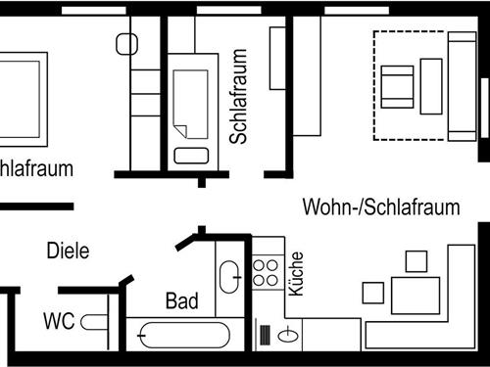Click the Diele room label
68,251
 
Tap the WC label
60,320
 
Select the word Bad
181,300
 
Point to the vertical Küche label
296,274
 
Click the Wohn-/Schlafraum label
380,207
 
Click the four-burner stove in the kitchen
266,271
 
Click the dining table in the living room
415,295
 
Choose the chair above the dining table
416,261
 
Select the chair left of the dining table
372,292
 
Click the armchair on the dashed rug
397,86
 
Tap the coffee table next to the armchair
431,84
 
